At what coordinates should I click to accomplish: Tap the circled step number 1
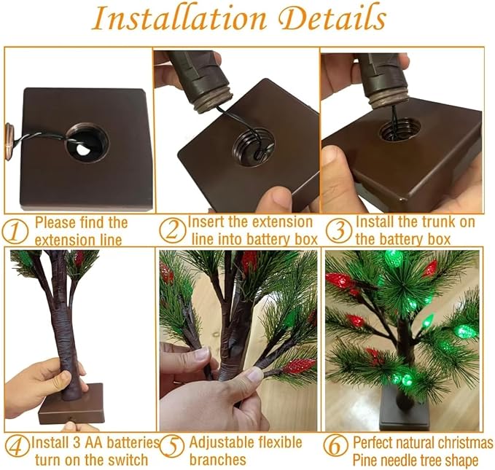(16, 230)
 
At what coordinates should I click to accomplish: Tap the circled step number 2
(172, 230)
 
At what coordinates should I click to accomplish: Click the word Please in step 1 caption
(55, 222)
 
